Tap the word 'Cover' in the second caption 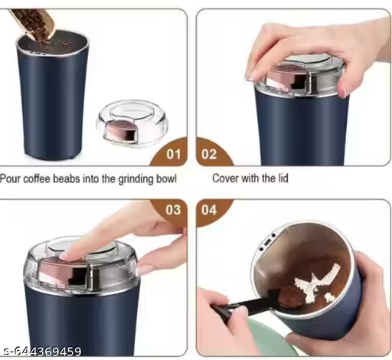click(227, 179)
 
